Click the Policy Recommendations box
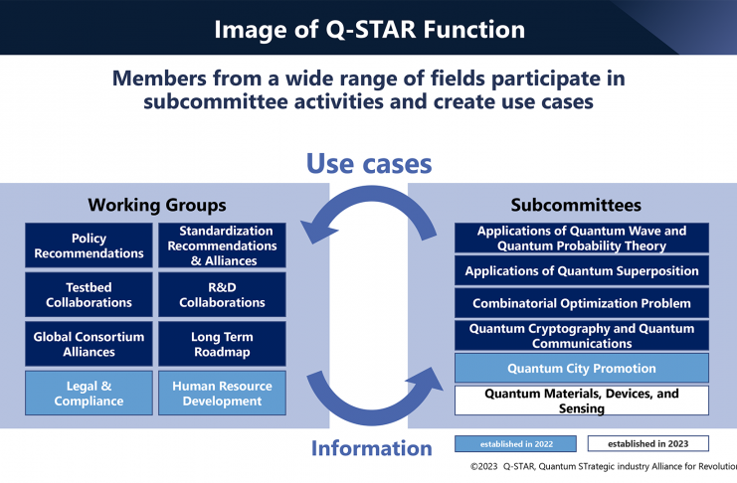point(89,245)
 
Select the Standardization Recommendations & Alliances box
point(222,245)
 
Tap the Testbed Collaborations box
point(89,294)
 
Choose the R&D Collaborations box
point(222,294)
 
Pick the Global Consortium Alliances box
point(89,344)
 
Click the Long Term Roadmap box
point(222,344)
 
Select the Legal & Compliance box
point(89,393)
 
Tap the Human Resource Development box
point(222,393)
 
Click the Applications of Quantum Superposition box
point(582,270)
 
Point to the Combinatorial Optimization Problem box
point(582,303)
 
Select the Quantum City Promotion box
point(582,368)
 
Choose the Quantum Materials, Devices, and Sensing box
point(582,401)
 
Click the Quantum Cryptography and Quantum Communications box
point(582,335)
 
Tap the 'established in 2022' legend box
point(515,443)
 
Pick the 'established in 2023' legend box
point(647,443)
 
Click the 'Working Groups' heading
point(156,205)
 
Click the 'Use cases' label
point(368,162)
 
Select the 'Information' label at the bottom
point(371,448)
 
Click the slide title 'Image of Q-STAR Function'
point(369,28)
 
